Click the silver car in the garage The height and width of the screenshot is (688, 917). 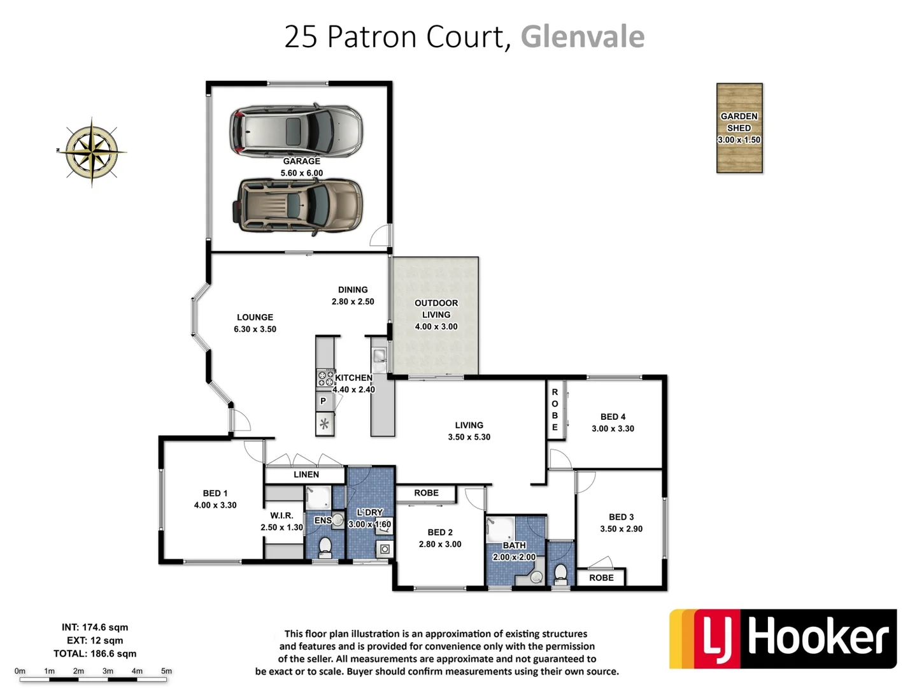(x=296, y=130)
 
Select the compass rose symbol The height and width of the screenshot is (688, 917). (x=92, y=152)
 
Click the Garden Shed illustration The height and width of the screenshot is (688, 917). (x=739, y=128)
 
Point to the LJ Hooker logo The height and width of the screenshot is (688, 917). (x=783, y=639)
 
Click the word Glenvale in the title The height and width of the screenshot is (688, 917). (x=582, y=37)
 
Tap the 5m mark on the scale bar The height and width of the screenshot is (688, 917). (x=166, y=671)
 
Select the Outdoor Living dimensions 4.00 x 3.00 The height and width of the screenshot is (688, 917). (x=436, y=327)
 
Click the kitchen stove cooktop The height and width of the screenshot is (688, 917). (x=325, y=378)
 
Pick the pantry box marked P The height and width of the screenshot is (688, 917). (x=324, y=401)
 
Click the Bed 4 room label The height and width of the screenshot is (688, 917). (x=613, y=417)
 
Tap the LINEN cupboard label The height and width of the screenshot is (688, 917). (x=306, y=475)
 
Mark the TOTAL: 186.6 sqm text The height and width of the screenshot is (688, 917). (x=95, y=654)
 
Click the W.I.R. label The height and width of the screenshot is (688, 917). (x=281, y=515)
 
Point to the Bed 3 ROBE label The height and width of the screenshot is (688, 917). (x=601, y=578)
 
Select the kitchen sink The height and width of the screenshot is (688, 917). (x=380, y=355)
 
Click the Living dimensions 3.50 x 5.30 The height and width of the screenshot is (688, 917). (x=469, y=437)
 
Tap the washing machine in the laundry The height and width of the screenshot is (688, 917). (x=384, y=549)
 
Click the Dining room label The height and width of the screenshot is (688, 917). (x=353, y=290)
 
